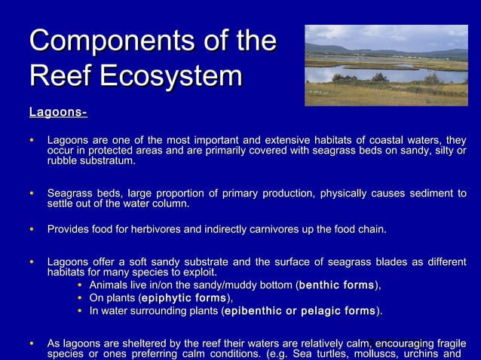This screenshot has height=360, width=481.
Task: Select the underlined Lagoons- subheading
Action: point(58,113)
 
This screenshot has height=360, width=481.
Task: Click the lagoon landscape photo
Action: point(385,66)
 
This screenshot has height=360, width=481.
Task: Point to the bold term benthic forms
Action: point(337,285)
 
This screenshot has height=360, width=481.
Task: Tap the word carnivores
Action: point(277,229)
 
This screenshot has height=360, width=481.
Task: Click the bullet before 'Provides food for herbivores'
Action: point(31,229)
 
